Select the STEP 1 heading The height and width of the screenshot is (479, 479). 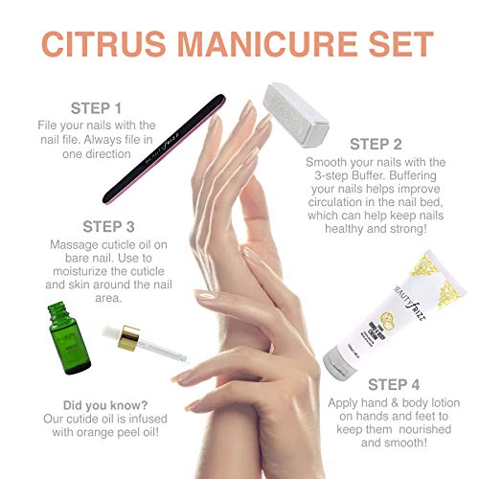[x=96, y=107]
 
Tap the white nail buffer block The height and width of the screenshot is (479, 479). [x=295, y=112]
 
